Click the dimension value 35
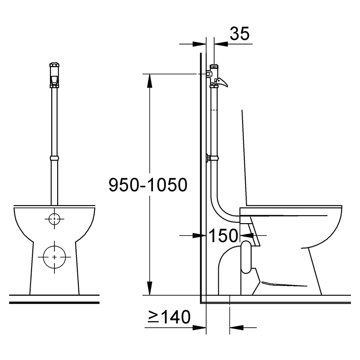(x=239, y=33)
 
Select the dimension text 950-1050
(x=148, y=184)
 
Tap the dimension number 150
(x=223, y=235)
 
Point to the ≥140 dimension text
(x=169, y=317)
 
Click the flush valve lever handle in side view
(x=221, y=82)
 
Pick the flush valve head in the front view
(x=54, y=75)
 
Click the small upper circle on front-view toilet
(x=54, y=219)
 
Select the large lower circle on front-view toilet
(x=54, y=257)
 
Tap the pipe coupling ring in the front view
(x=54, y=158)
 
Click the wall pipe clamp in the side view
(x=212, y=158)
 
